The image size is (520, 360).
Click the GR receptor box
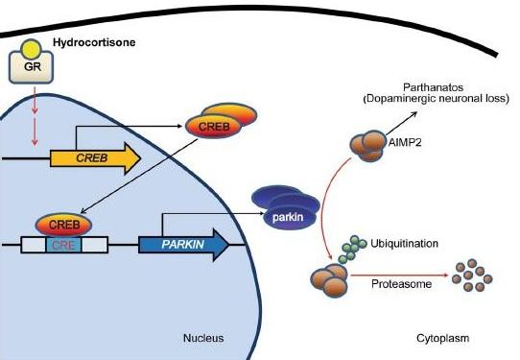(x=31, y=67)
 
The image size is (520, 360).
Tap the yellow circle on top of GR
(x=31, y=49)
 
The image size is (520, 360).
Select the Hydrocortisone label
(x=94, y=43)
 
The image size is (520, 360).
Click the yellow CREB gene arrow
(x=96, y=158)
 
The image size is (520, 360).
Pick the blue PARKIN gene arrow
(x=183, y=245)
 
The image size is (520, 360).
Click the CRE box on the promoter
(x=63, y=245)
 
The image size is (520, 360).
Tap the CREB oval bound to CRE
(x=63, y=225)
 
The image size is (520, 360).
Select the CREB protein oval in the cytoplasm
(x=214, y=126)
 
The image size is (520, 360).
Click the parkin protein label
(x=288, y=217)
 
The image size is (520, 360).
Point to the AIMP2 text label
(x=405, y=143)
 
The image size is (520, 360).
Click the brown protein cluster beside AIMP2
(x=368, y=145)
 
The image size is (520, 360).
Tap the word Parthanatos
(x=433, y=87)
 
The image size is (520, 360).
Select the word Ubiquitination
(x=404, y=244)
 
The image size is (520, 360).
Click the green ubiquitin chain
(x=352, y=250)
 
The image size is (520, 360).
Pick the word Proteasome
(x=401, y=284)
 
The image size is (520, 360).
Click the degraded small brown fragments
(x=472, y=276)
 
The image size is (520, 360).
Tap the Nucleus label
(x=203, y=338)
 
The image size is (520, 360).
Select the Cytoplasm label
(x=442, y=338)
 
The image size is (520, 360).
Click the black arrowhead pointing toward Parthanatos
(x=414, y=114)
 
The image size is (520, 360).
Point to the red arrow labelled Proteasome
(x=400, y=276)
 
